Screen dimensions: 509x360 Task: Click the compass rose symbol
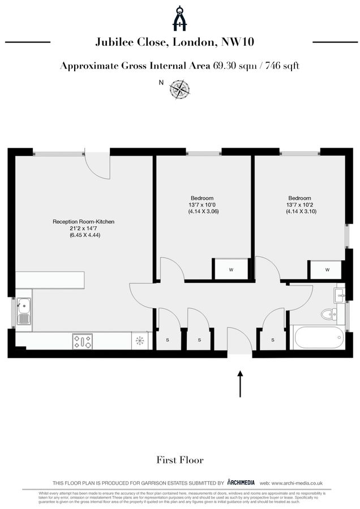coord(181,88)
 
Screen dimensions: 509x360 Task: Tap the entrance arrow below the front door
coord(239,384)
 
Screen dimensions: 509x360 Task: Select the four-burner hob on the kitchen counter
coord(83,341)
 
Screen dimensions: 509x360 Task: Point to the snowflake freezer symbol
coord(139,341)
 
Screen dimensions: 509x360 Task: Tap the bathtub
coord(316,338)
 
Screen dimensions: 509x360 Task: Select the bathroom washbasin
coord(340,295)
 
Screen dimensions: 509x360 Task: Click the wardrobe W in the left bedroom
coord(231,270)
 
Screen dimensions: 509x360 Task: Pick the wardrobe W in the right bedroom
coord(327,270)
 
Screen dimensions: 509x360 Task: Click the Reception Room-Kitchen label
coord(84,222)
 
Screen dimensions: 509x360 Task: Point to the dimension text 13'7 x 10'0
coord(203,205)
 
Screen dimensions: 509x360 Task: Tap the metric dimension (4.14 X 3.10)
coord(301,212)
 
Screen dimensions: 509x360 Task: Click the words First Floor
coord(180,460)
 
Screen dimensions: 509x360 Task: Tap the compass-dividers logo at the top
coord(180,18)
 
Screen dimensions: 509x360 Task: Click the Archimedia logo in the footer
coord(241,482)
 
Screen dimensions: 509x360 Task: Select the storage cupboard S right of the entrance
coord(273,340)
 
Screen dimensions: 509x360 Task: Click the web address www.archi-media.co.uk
coord(299,483)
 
